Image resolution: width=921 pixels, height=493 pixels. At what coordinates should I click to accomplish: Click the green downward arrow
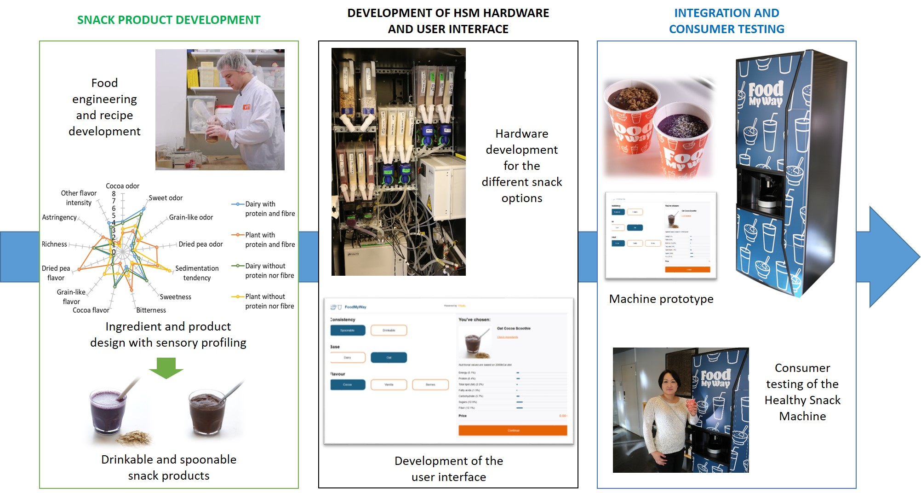166,368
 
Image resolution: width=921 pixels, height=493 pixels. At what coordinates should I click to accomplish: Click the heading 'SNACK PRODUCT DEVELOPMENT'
168,20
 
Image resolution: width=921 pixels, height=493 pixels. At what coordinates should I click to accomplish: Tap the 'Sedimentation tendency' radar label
197,273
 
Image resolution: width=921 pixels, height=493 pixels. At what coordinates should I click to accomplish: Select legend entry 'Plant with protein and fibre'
269,240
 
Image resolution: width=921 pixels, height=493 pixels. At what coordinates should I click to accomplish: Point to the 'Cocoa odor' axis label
122,186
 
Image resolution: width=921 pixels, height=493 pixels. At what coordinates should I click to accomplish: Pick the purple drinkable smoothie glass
107,411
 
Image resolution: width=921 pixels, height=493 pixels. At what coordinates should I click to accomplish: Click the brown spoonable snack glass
207,412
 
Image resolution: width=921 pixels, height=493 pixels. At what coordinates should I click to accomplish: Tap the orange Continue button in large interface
513,430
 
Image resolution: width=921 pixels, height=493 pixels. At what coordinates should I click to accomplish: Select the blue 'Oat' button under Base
389,358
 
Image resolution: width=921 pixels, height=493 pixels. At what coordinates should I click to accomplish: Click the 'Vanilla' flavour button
389,384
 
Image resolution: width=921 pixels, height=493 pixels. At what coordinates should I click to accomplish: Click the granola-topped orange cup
632,120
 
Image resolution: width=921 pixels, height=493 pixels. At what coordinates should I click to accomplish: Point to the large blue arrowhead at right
892,256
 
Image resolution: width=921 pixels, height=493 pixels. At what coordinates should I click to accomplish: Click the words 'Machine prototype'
661,299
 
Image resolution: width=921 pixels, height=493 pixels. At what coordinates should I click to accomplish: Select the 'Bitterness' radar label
151,310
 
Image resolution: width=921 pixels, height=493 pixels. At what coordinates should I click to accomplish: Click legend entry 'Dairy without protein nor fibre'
269,271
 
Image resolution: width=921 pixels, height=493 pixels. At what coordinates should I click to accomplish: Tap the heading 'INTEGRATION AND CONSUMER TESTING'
727,21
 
